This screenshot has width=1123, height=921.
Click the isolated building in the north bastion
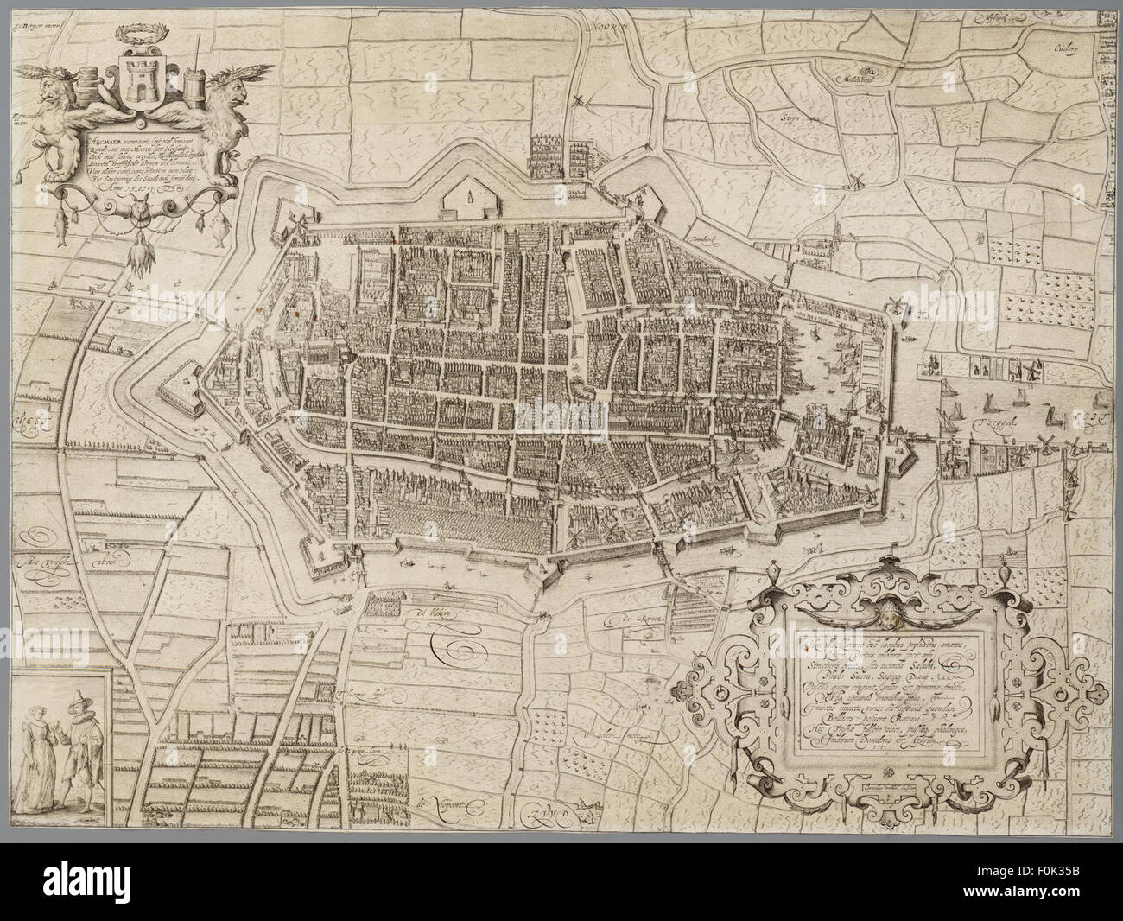[471, 198]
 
